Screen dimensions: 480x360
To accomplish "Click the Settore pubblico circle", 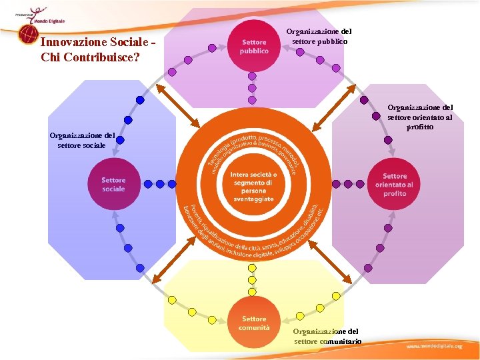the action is (x=253, y=46).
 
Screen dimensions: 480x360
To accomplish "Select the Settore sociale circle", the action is (x=113, y=185).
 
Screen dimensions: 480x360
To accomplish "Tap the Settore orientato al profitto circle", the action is (x=394, y=185).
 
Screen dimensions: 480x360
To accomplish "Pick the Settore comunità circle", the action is (x=254, y=323).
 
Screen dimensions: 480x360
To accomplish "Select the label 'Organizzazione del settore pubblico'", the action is (x=319, y=36).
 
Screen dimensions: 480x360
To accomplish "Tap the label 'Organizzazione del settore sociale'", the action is (x=82, y=140).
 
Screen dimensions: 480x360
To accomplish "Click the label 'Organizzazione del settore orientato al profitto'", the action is (x=420, y=117).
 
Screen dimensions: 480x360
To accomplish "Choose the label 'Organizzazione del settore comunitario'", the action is (x=327, y=336).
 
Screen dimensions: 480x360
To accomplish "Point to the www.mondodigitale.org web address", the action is (x=434, y=347).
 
